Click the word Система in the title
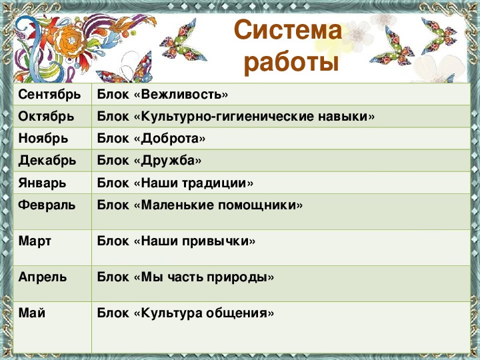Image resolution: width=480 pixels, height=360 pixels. (x=288, y=30)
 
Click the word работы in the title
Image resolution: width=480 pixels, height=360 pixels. (x=292, y=63)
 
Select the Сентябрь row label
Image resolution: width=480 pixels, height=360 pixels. (x=49, y=94)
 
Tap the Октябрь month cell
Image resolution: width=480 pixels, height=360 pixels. (x=46, y=116)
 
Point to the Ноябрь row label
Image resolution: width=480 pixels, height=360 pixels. (x=43, y=139)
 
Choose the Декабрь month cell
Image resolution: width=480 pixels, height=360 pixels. (x=47, y=161)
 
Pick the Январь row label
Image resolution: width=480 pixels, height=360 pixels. (x=42, y=183)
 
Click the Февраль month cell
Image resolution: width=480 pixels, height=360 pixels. (x=47, y=205)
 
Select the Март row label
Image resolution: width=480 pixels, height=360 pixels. (x=35, y=241)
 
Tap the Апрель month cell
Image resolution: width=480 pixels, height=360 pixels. (x=43, y=277)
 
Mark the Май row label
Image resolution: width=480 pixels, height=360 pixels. (x=32, y=313)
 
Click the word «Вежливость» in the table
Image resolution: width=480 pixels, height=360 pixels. (x=181, y=94)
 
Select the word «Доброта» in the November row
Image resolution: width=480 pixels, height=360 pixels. (x=169, y=139)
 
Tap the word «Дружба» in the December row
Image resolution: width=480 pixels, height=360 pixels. (x=167, y=161)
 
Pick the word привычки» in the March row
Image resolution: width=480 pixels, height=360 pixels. (x=219, y=241)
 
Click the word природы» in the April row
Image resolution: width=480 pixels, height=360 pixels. (x=240, y=277)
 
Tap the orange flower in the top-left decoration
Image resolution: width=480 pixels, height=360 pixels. (x=72, y=41)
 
